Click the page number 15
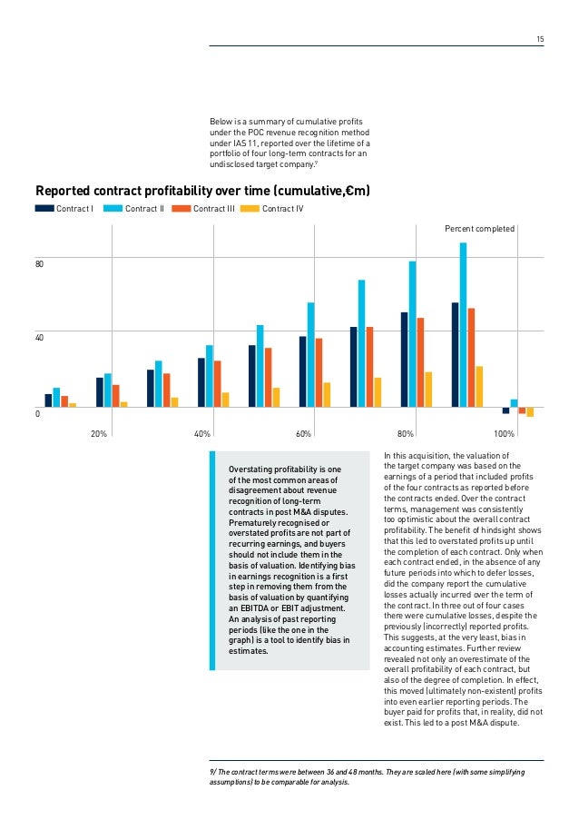540,39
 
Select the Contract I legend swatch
44,209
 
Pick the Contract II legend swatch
113,209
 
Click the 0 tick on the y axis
37,414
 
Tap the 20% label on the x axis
99,434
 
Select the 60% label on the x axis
303,434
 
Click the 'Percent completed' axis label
479,229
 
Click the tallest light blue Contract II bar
463,324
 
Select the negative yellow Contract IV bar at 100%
530,411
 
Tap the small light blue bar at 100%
514,402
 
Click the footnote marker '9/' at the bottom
213,770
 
